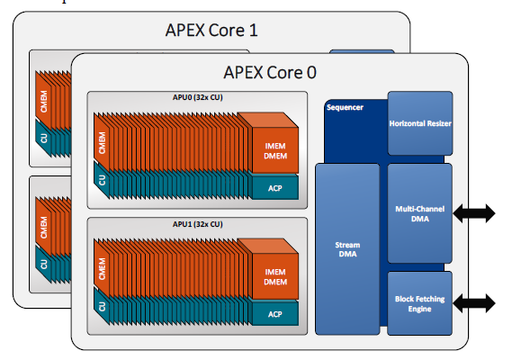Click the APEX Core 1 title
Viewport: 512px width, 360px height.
(x=211, y=31)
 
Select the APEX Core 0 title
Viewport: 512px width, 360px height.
(x=270, y=72)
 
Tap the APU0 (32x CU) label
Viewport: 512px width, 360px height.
(x=198, y=97)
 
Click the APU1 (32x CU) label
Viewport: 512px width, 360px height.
(x=198, y=224)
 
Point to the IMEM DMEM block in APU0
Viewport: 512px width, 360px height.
(x=275, y=150)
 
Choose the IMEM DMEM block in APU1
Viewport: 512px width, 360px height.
(x=275, y=276)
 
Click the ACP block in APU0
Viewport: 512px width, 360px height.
(x=275, y=188)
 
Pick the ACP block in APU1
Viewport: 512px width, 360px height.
(x=275, y=314)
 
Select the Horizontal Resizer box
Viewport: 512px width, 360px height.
(x=420, y=123)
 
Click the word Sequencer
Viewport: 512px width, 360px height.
(x=345, y=107)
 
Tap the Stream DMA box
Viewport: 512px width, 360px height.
(x=347, y=249)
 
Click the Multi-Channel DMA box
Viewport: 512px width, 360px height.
(x=420, y=213)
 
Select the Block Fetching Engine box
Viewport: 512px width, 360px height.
(x=420, y=303)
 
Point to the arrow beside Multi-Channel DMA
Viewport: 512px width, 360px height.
(x=474, y=213)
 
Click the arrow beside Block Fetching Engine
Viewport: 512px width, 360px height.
(x=474, y=303)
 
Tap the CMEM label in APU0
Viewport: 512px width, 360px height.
(x=102, y=143)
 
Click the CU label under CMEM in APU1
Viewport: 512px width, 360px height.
(x=102, y=306)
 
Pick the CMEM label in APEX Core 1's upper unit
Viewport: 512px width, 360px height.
(x=43, y=102)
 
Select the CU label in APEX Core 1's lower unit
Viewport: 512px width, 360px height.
(x=43, y=264)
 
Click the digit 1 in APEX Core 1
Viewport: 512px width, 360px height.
(x=253, y=31)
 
